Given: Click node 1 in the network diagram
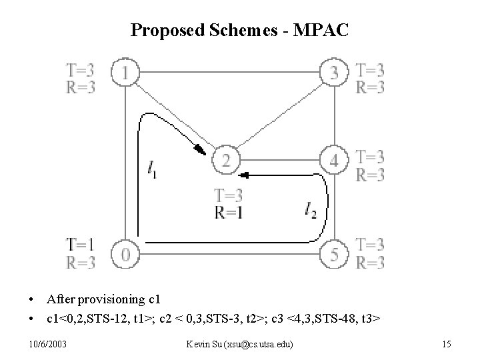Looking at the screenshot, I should tap(125, 71).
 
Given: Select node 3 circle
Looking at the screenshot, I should tap(335, 71).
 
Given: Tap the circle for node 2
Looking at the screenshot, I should tap(225, 161).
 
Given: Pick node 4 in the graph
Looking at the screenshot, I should tap(334, 161).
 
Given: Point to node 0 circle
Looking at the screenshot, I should tap(125, 254).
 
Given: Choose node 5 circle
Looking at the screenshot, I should tap(335, 254).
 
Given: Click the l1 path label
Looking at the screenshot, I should tap(153, 170).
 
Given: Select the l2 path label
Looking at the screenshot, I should tap(310, 211).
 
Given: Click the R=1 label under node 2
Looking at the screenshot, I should tap(227, 213).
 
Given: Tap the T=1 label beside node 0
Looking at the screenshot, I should tap(80, 244).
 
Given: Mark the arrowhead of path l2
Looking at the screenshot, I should tap(244, 175).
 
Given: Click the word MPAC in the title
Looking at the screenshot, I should tap(319, 30).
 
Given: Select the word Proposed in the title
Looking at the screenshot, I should tap(161, 30).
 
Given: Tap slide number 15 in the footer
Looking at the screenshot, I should tap(446, 344).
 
